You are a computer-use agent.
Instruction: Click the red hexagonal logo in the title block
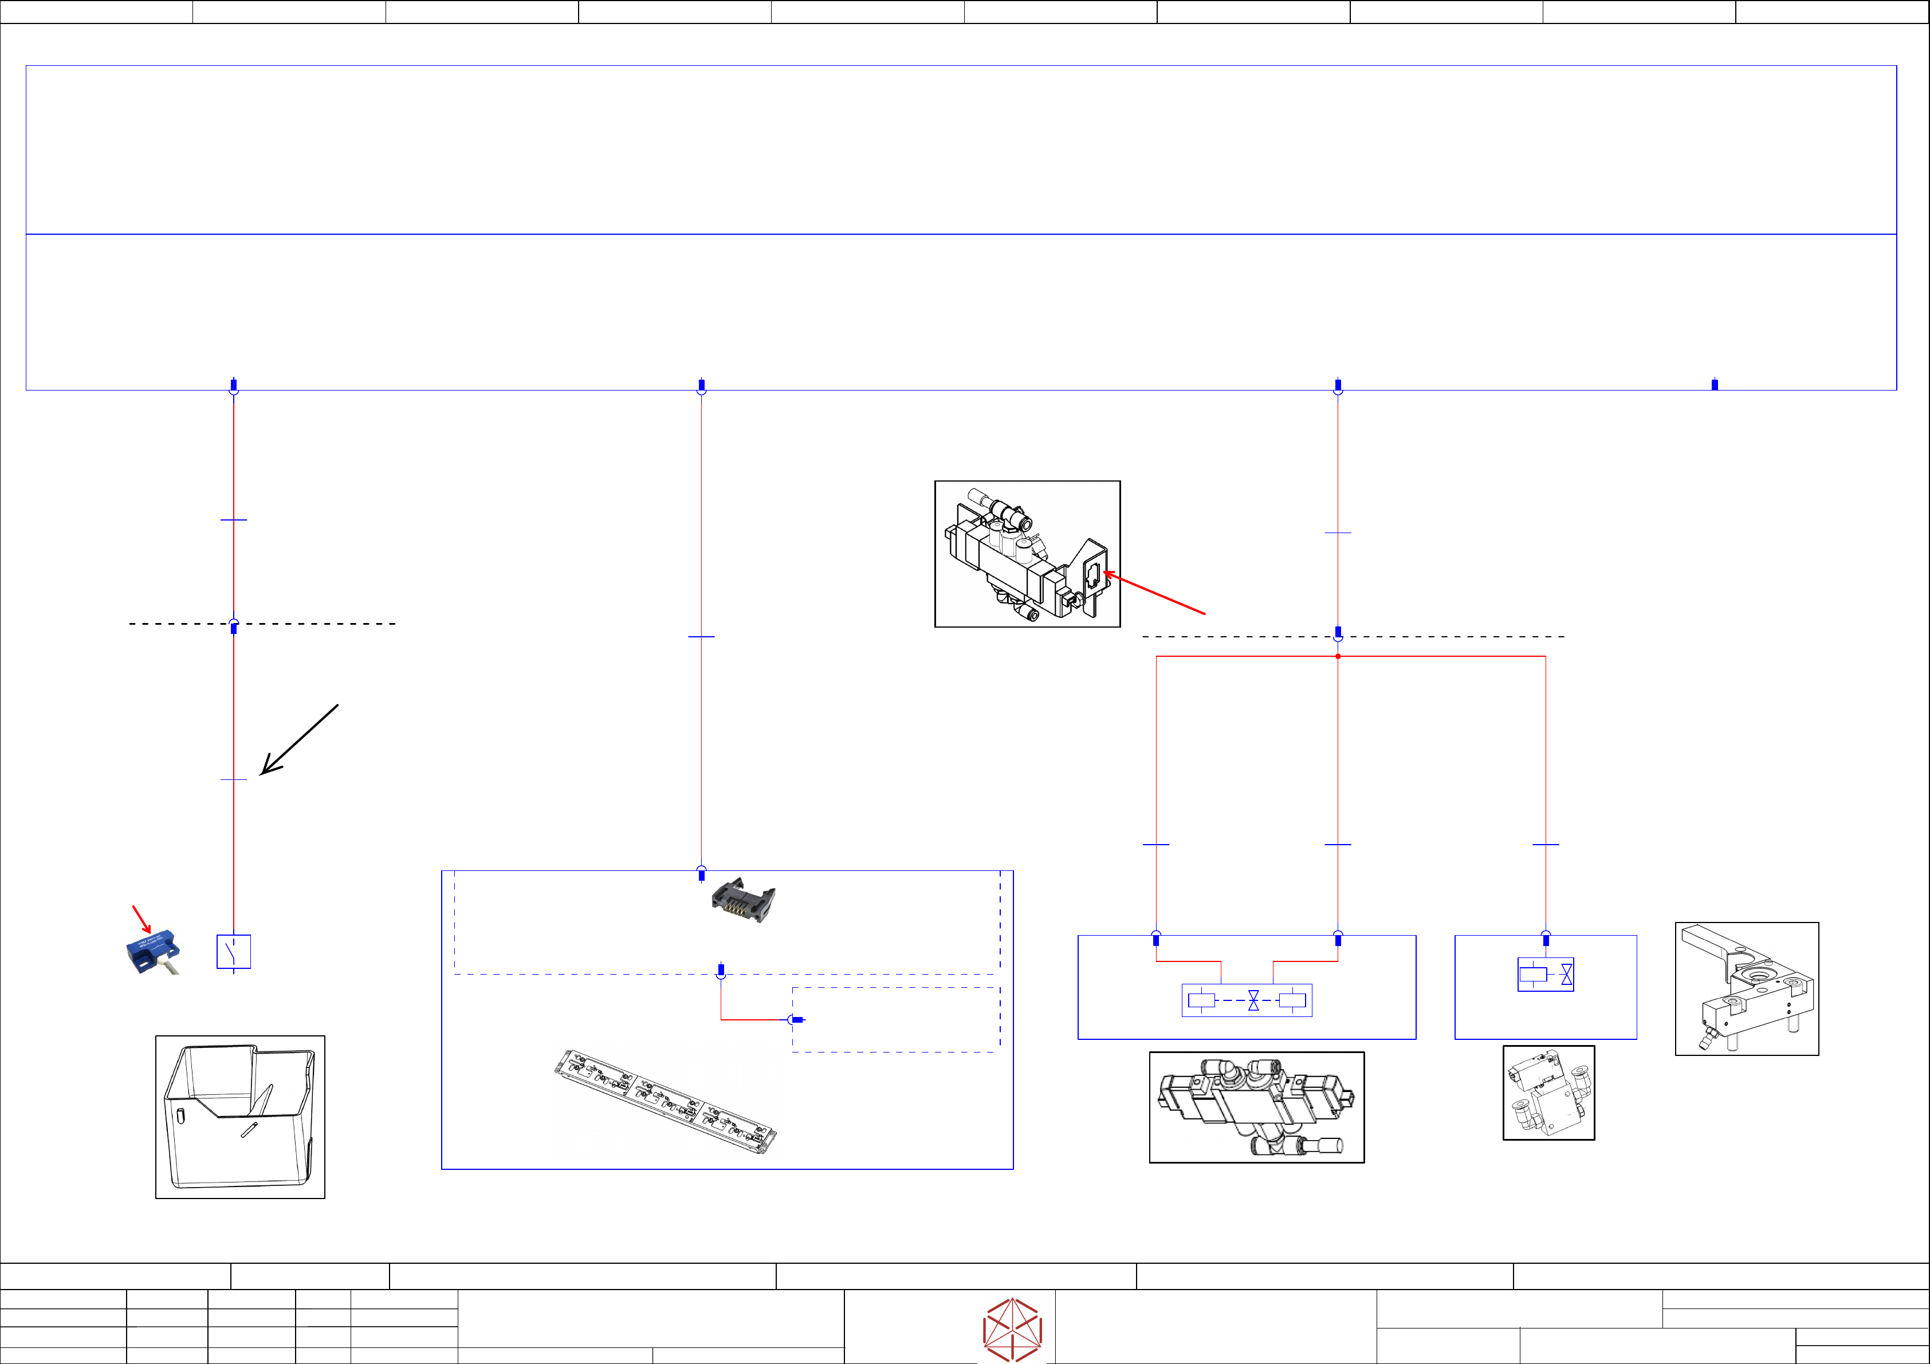[x=1013, y=1328]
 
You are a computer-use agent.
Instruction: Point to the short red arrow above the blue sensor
[x=141, y=920]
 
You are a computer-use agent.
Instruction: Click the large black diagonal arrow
[x=298, y=740]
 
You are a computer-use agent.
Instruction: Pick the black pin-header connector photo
[x=743, y=902]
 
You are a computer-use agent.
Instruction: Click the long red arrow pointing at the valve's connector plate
[x=1155, y=593]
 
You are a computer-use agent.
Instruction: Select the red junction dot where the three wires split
[x=1338, y=656]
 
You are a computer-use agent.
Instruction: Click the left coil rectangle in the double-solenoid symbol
[x=1201, y=1000]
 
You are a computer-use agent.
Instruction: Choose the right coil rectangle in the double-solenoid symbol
[x=1292, y=1000]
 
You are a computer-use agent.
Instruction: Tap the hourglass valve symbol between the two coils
[x=1253, y=1000]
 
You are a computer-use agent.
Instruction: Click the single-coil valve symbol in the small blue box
[x=1545, y=975]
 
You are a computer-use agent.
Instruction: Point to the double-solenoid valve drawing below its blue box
[x=1257, y=1107]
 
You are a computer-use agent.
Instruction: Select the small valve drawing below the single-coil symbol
[x=1548, y=1093]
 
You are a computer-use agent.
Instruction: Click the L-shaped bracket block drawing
[x=1747, y=988]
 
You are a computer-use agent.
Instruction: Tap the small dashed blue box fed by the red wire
[x=896, y=1019]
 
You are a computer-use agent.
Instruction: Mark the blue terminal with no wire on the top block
[x=1715, y=385]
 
